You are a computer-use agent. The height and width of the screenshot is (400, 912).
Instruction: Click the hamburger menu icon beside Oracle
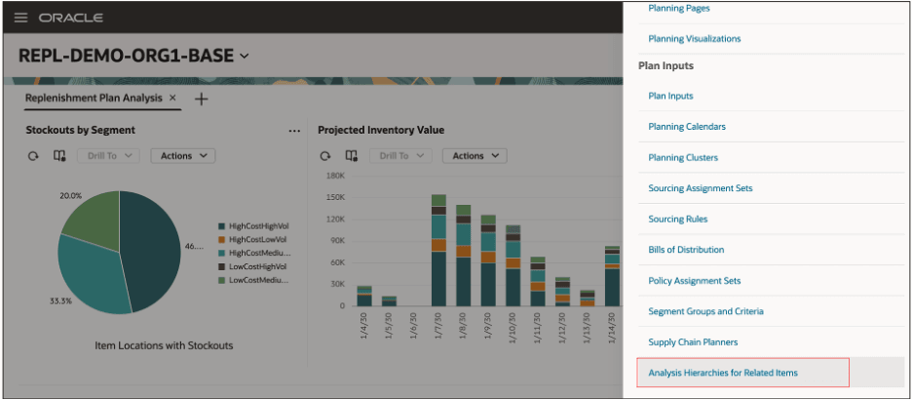pyautogui.click(x=20, y=19)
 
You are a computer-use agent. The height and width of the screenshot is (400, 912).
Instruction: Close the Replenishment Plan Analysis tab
pyautogui.click(x=172, y=99)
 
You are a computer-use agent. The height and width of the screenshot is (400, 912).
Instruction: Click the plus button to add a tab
pyautogui.click(x=201, y=100)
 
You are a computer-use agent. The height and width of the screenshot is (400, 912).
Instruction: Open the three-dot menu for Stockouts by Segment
pyautogui.click(x=294, y=131)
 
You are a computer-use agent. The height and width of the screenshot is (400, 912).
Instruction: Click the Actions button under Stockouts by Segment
pyautogui.click(x=182, y=156)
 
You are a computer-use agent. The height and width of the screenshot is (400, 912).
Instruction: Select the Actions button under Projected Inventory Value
pyautogui.click(x=474, y=156)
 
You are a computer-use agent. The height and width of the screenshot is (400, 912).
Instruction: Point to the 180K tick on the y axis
pyautogui.click(x=335, y=177)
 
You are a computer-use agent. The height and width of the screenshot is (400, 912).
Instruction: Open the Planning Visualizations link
pyautogui.click(x=694, y=39)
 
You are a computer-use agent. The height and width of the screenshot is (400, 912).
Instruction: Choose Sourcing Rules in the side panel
pyautogui.click(x=677, y=220)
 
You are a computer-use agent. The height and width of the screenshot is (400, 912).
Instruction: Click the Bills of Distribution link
pyautogui.click(x=686, y=250)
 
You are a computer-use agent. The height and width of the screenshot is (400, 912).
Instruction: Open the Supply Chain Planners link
pyautogui.click(x=693, y=342)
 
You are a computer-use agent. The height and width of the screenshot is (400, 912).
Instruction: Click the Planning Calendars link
pyautogui.click(x=686, y=127)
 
